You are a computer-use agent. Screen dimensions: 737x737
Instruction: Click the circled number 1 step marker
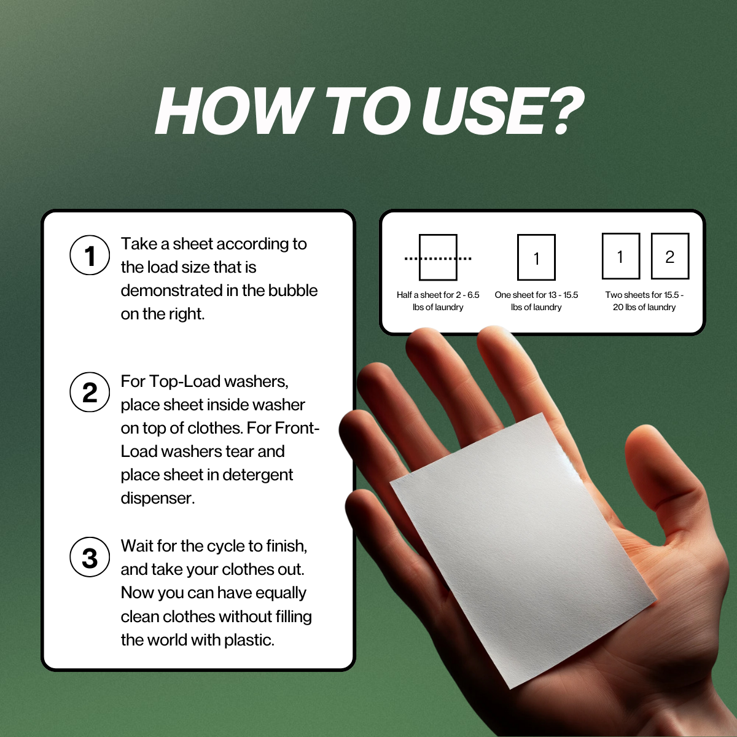tap(90, 255)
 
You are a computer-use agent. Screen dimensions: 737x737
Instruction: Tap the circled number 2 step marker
tap(90, 392)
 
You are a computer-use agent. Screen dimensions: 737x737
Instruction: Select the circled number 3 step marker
tap(90, 557)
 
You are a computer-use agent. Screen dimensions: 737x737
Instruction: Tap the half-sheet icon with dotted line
tap(438, 257)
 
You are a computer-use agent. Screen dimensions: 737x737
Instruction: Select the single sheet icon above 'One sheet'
tap(536, 257)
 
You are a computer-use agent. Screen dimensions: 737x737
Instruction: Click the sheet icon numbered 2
tap(669, 256)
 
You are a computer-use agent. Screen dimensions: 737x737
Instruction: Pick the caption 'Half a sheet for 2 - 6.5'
tap(438, 295)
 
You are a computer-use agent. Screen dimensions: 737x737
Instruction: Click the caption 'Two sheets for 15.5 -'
tap(644, 295)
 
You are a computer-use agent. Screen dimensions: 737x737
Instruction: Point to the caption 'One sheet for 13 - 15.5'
tap(536, 295)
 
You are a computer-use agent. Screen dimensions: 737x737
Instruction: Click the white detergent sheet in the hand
tap(522, 547)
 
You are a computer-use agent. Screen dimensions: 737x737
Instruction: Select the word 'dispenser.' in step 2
tap(158, 498)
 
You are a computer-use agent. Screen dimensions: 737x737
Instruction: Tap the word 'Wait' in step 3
tap(136, 546)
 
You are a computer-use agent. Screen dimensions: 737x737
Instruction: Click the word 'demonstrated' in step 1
tap(171, 291)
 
